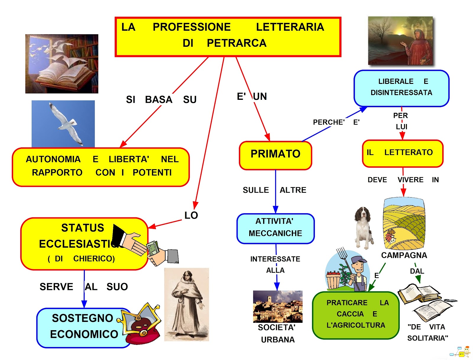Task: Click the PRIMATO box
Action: tap(275, 155)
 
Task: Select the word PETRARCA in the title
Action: tap(237, 43)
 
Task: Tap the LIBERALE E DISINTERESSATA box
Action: tap(401, 88)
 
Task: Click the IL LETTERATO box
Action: tap(402, 153)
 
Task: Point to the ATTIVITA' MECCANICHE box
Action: tap(275, 228)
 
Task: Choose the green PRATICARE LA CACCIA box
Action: tap(356, 315)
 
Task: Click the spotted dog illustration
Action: tap(363, 227)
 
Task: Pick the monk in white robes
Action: tap(187, 304)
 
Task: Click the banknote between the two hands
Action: tap(153, 248)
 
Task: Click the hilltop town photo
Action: tap(278, 306)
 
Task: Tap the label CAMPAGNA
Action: tap(404, 255)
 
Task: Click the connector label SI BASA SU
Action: tap(161, 100)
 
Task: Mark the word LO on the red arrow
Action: tap(191, 216)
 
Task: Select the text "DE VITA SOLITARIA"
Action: tap(427, 333)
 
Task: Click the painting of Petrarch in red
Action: tap(400, 41)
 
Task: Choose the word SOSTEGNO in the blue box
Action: tap(82, 318)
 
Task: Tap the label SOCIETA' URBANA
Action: tap(277, 333)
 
